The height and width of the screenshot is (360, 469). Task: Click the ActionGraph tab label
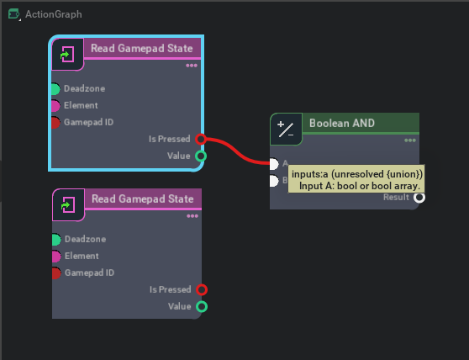coord(53,14)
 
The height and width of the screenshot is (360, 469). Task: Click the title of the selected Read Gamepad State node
coord(141,49)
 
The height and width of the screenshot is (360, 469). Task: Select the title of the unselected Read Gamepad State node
coord(141,199)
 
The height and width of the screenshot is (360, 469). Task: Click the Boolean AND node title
coord(341,124)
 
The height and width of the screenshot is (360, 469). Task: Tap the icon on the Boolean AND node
coord(286,130)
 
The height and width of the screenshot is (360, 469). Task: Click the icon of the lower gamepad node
coord(68,205)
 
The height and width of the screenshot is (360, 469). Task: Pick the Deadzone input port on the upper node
coord(55,88)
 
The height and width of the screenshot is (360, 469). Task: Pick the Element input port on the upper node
coord(55,106)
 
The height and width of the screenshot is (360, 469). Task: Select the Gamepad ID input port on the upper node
coord(55,123)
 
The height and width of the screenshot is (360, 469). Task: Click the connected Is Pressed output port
coord(201,139)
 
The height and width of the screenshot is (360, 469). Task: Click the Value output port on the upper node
coord(201,156)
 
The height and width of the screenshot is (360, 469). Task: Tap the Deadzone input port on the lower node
coord(55,240)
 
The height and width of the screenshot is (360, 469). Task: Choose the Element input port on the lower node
coord(55,257)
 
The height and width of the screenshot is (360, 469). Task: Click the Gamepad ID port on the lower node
coord(55,273)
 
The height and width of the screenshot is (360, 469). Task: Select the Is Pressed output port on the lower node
coord(201,289)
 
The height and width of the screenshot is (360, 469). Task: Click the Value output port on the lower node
coord(201,306)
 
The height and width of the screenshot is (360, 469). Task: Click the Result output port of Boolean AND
coord(419,197)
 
